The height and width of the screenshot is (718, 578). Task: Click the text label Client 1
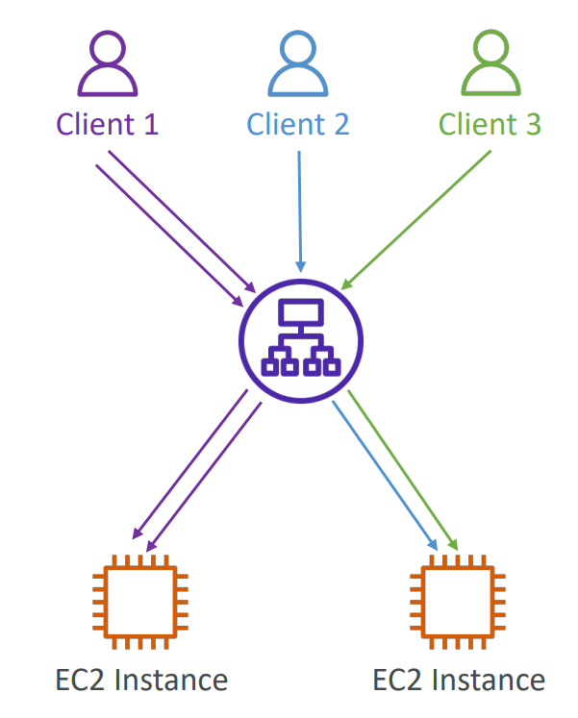click(x=107, y=124)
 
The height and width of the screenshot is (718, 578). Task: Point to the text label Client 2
click(x=298, y=124)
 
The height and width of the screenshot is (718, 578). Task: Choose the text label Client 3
click(x=490, y=124)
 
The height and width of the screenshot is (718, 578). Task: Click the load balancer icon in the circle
click(x=301, y=341)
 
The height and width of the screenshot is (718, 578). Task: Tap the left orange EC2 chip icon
click(x=140, y=602)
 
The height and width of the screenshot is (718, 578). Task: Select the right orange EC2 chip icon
click(x=458, y=602)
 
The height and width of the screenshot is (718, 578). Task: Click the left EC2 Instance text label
click(x=141, y=680)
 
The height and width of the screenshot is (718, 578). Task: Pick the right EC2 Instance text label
click(x=459, y=680)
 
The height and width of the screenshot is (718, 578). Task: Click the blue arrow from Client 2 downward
click(x=300, y=211)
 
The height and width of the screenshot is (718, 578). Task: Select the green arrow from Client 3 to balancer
click(x=415, y=220)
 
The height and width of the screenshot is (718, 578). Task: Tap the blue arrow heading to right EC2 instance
click(x=385, y=476)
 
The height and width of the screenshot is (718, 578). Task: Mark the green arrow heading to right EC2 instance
click(x=403, y=470)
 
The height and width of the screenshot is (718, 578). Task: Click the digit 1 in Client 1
click(x=151, y=124)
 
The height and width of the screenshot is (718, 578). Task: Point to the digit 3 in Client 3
click(x=533, y=124)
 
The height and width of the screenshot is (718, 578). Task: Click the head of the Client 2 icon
click(x=298, y=48)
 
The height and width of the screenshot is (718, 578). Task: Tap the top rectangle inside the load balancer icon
click(x=301, y=312)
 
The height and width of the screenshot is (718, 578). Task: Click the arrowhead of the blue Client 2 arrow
click(x=300, y=267)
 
